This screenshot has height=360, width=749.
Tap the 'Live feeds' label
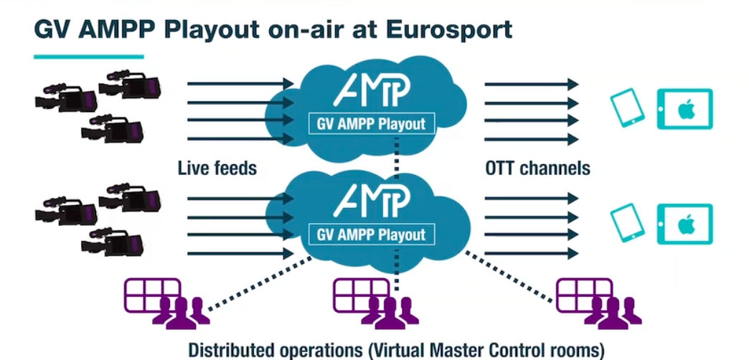click(x=217, y=169)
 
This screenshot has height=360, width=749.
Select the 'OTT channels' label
click(x=537, y=169)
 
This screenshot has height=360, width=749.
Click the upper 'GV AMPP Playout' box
click(x=371, y=123)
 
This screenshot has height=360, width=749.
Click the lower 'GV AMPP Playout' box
click(x=371, y=234)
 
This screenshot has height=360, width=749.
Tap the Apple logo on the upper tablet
click(x=685, y=110)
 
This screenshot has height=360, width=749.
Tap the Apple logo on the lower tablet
click(x=685, y=224)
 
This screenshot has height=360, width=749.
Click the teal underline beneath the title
click(x=88, y=56)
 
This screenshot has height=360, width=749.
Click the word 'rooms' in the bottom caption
click(x=574, y=351)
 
